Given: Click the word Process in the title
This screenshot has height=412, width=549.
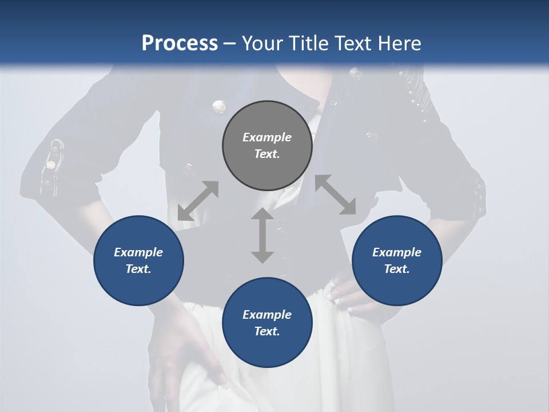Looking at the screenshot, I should click(x=180, y=43).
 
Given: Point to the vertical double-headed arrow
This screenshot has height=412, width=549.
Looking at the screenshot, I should click(x=262, y=236).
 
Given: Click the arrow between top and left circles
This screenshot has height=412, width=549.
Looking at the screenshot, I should click(x=198, y=201).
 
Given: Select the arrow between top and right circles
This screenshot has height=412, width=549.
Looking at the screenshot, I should click(x=335, y=195).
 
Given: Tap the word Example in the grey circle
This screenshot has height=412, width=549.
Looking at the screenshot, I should click(x=267, y=137).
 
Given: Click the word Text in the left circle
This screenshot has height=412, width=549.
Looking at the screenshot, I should click(x=138, y=269).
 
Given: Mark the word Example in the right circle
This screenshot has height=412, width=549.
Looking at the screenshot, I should click(x=397, y=252).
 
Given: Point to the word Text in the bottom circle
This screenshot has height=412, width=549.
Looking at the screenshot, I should click(x=267, y=331).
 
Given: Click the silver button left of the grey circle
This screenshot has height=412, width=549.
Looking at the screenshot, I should click(x=218, y=106).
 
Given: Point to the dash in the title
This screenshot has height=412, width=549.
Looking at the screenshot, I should click(x=230, y=44).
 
